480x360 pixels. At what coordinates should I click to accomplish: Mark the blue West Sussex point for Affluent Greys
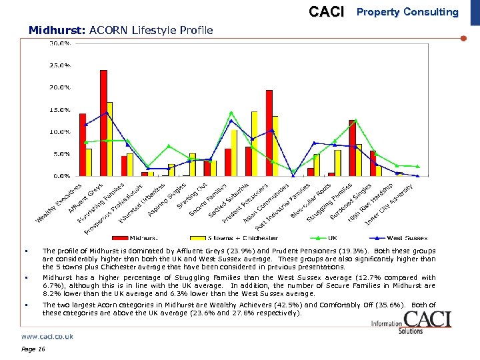click(x=105, y=114)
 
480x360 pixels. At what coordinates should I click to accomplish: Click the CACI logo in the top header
click(x=327, y=12)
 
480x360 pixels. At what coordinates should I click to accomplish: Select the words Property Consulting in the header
click(x=408, y=12)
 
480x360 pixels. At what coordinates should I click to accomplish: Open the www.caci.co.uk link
click(x=47, y=337)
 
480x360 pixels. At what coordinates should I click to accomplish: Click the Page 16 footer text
click(x=33, y=349)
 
